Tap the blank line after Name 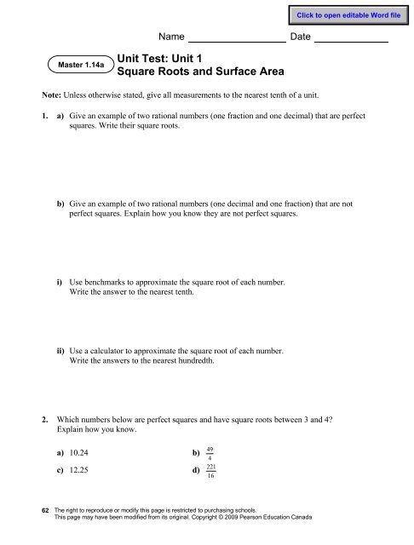235,38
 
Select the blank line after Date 351,38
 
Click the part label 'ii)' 61,350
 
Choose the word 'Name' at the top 172,38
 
